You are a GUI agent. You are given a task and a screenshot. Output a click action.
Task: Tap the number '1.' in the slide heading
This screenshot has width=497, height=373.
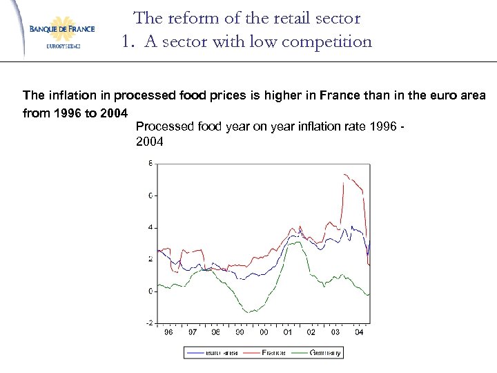(128, 42)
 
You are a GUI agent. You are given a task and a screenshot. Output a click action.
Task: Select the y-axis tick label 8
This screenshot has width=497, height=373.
(150, 164)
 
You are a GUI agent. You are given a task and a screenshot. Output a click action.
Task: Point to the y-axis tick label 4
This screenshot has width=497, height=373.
(150, 228)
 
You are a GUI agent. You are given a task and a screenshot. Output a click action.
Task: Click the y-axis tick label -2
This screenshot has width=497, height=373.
(149, 323)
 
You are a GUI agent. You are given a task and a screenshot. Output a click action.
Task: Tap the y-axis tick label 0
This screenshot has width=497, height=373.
(150, 291)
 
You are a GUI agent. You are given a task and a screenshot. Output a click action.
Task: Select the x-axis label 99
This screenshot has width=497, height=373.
(240, 332)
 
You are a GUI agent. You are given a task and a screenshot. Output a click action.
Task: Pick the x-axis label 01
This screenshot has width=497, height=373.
(288, 332)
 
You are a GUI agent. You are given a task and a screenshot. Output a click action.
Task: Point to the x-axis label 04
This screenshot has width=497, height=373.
(359, 332)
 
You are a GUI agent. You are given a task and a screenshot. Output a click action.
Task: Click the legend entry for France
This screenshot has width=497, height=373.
(272, 352)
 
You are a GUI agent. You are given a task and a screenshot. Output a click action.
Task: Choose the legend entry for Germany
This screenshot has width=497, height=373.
(324, 352)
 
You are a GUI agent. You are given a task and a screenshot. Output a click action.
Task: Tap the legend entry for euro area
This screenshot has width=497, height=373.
(220, 352)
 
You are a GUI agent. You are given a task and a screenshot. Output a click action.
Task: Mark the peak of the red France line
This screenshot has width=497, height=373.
(343, 174)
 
